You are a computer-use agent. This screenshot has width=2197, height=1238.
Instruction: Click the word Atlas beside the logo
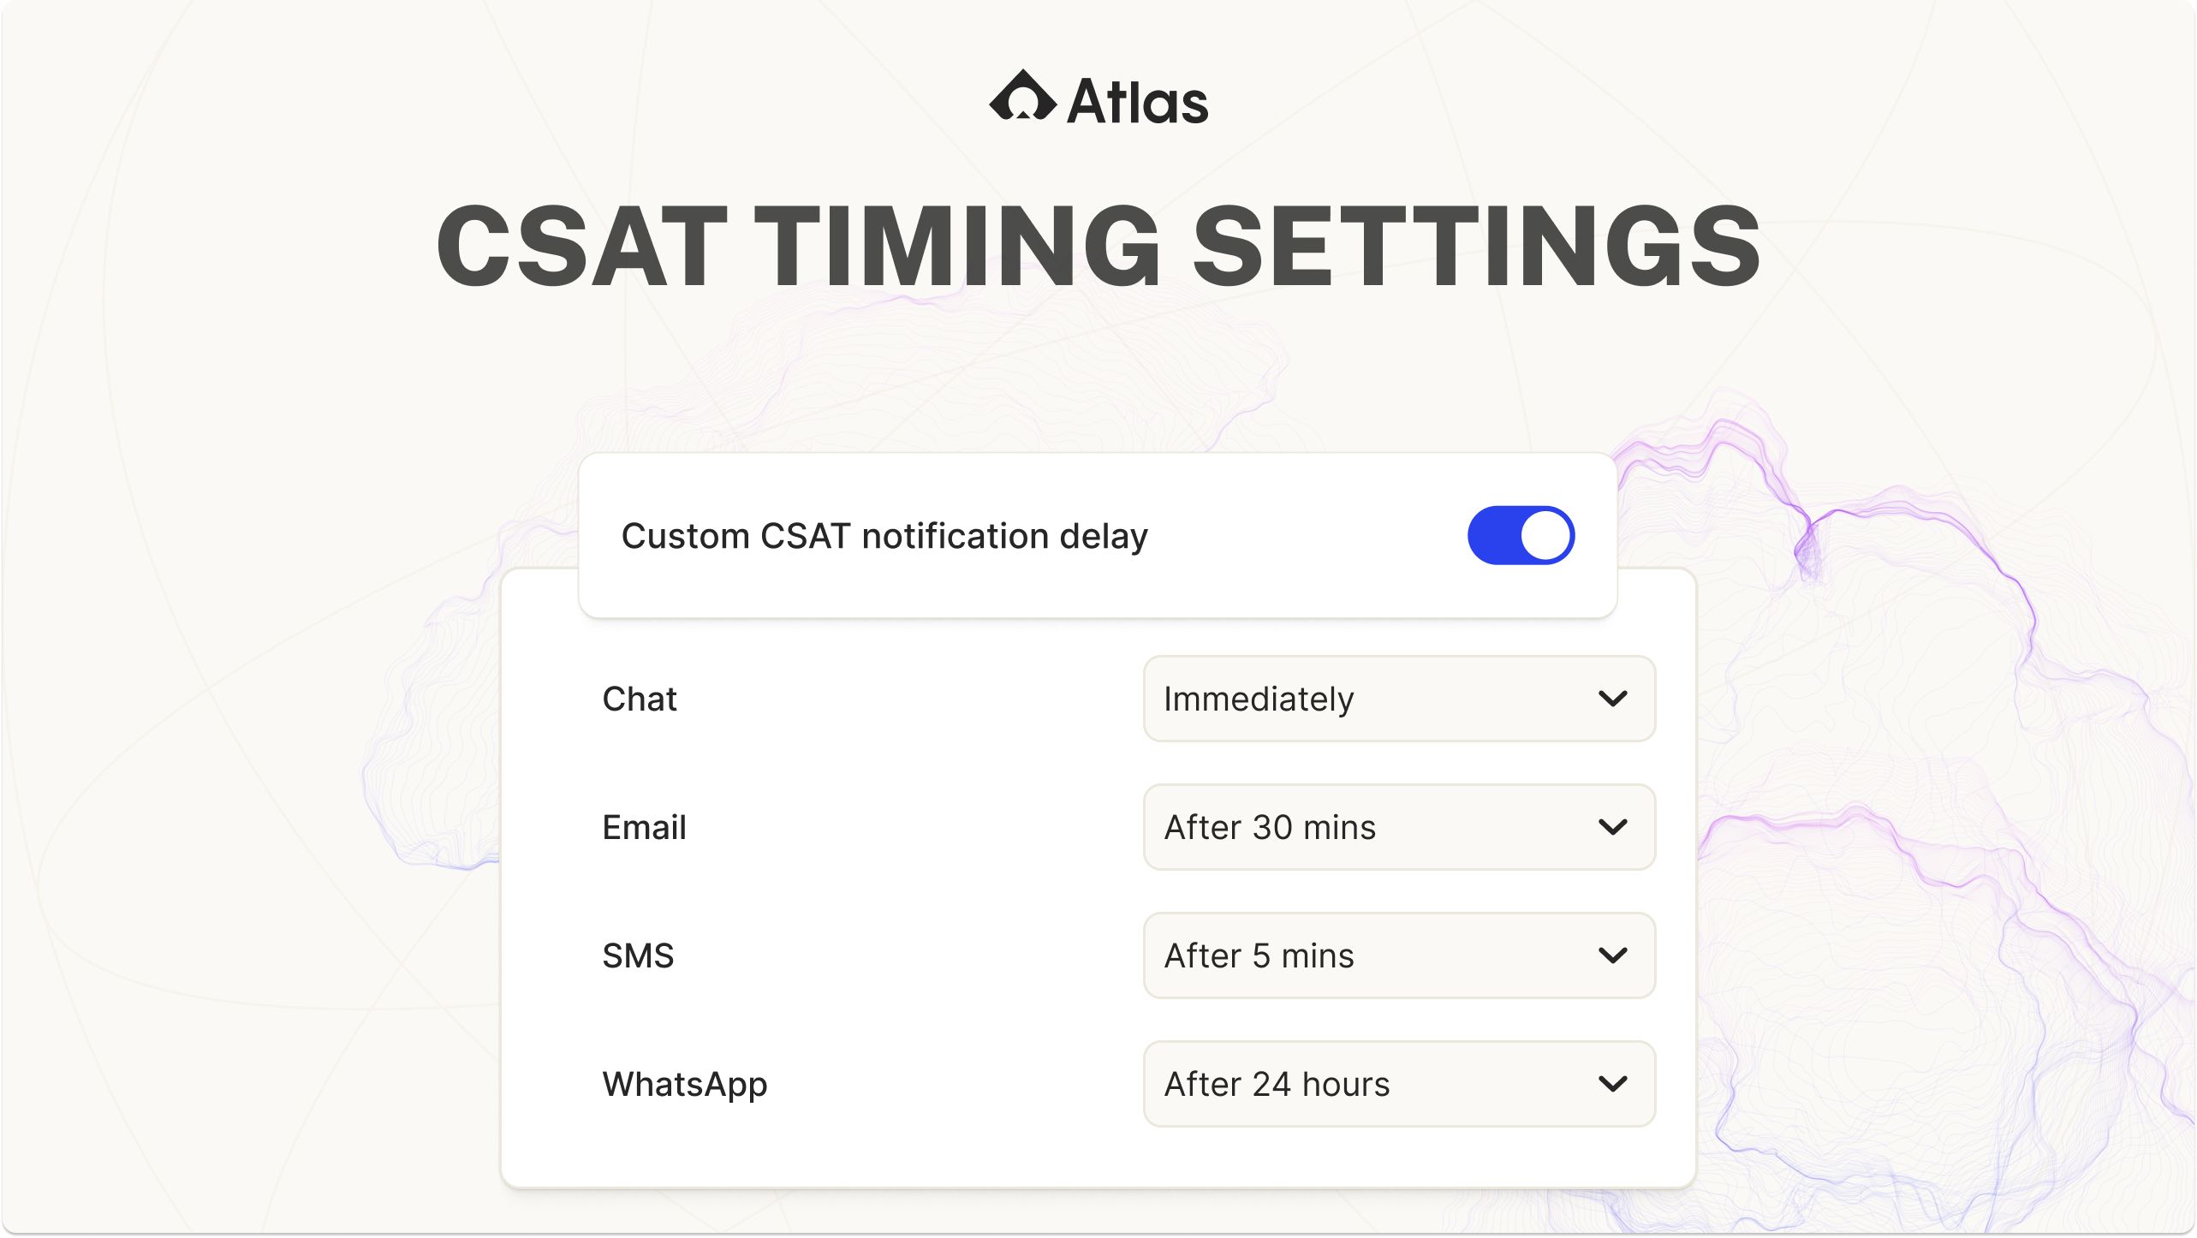tap(1138, 102)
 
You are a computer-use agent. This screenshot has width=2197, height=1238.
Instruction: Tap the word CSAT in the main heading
tap(582, 246)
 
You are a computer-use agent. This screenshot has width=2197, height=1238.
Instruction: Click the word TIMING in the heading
tap(957, 246)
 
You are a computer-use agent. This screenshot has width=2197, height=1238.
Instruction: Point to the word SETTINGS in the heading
tap(1476, 246)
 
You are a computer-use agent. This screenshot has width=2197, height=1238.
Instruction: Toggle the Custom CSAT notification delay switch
tap(1521, 536)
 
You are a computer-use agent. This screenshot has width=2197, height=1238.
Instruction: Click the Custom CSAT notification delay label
tap(884, 537)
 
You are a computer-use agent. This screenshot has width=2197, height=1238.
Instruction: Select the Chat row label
tap(640, 699)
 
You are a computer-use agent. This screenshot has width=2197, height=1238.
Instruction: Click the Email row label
tap(644, 827)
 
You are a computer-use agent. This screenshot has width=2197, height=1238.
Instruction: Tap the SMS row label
tap(638, 955)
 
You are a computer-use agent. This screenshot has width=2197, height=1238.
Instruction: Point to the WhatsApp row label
tap(685, 1085)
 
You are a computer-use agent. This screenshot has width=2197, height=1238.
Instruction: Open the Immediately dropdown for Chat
tap(1399, 699)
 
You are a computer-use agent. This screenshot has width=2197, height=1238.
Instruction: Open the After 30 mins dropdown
tap(1399, 827)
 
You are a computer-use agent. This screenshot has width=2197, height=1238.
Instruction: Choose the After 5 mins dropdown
tap(1399, 955)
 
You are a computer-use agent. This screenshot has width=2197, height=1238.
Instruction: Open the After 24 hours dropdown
tap(1399, 1084)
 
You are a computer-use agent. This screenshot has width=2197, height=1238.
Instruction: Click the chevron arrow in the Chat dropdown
tap(1613, 699)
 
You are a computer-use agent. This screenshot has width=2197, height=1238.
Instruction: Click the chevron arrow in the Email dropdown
tap(1613, 828)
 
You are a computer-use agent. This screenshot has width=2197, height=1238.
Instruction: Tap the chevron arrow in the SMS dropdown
tap(1613, 956)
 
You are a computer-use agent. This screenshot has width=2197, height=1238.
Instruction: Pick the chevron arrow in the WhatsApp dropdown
tap(1613, 1085)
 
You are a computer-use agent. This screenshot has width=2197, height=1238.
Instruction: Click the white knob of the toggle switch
tap(1545, 536)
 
